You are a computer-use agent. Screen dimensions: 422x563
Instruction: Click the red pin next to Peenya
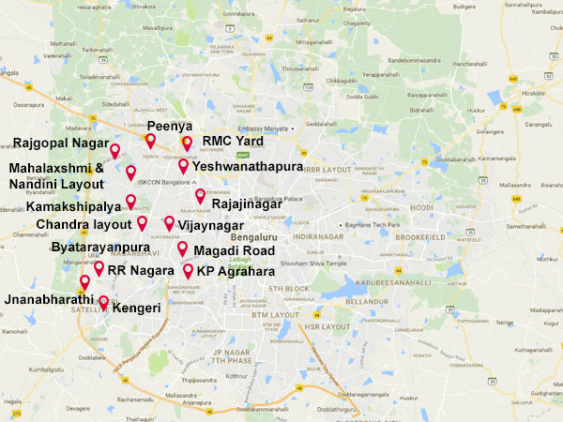point(150,141)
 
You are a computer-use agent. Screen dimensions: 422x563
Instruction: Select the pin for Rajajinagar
point(200,195)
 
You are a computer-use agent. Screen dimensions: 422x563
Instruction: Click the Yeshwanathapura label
point(248,166)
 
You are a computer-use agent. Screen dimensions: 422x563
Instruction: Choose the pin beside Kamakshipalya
point(130,201)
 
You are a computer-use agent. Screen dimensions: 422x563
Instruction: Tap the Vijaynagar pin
point(169,223)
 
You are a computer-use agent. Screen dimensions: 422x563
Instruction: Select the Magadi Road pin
point(182,249)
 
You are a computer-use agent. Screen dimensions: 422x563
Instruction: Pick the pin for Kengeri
point(104,303)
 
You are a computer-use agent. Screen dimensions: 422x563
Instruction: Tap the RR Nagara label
point(141,270)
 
